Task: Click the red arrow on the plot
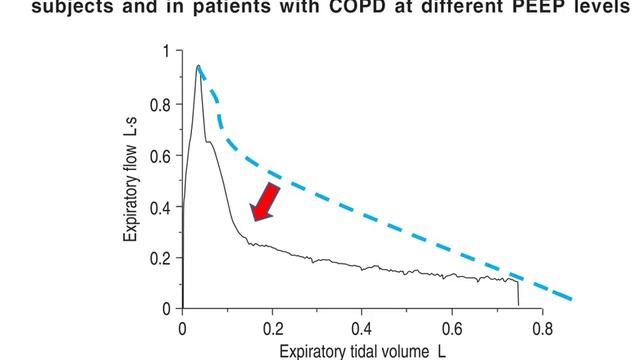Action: tap(266, 200)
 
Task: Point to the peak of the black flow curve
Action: tap(199, 66)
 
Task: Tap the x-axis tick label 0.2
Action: tap(272, 326)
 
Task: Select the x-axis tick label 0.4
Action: tap(362, 326)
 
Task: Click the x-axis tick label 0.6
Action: tap(452, 326)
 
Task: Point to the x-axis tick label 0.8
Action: tap(542, 326)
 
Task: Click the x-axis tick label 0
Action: tap(182, 326)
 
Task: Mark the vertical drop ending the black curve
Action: tap(518, 292)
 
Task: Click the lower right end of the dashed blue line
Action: tap(570, 298)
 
